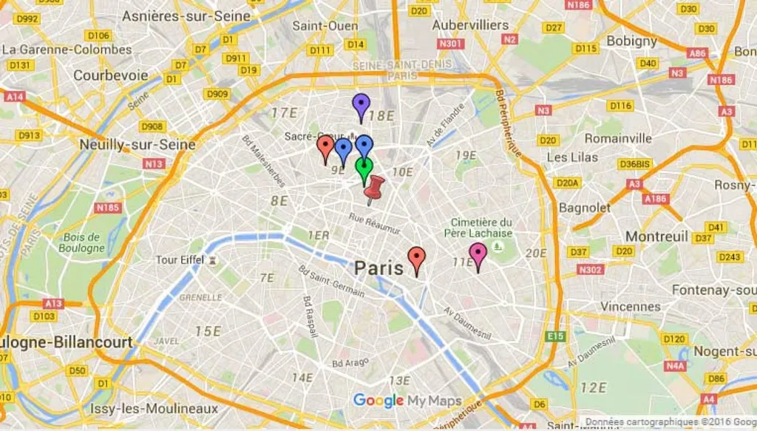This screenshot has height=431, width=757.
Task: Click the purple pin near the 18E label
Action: coord(360,106)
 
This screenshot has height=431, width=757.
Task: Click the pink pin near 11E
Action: coord(478,255)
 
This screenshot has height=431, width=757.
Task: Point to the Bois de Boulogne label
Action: coord(83,242)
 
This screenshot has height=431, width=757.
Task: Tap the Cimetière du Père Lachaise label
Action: coord(482,228)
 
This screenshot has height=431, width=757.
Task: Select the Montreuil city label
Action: coord(656,236)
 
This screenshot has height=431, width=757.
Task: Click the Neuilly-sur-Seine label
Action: coord(138,144)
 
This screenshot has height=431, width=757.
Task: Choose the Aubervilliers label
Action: coord(470,25)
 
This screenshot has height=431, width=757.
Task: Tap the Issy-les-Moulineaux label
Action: coord(154,409)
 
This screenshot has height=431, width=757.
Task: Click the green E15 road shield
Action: coord(555,336)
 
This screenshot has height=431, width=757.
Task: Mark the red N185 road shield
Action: coord(108,208)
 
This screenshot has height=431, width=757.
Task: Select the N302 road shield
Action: coord(591,270)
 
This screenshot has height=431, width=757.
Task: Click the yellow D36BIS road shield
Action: coord(634,164)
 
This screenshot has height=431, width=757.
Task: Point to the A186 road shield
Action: coord(655,199)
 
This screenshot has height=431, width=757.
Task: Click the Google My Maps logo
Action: coord(407,401)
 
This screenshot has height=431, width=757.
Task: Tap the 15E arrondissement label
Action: coord(208,330)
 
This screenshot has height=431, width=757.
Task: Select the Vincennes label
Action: coord(631,306)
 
